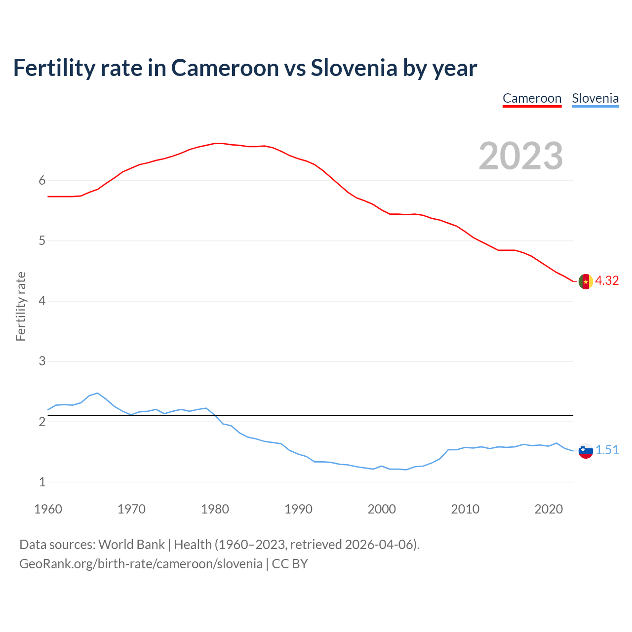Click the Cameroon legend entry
[532, 98]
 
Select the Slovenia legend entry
[595, 98]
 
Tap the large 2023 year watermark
[521, 156]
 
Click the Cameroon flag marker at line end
[586, 281]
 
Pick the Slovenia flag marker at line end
[586, 451]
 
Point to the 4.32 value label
[607, 281]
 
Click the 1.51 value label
[607, 450]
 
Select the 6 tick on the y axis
[42, 181]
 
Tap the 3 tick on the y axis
[42, 361]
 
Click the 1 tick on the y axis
[42, 482]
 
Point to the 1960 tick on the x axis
[48, 509]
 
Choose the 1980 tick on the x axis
[215, 509]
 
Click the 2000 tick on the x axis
[382, 509]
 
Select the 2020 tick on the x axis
[549, 509]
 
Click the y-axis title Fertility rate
[21, 306]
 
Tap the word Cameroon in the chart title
[225, 68]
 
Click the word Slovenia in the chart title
[354, 68]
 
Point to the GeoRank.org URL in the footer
[141, 564]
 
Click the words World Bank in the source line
[131, 545]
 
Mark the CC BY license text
[290, 564]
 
